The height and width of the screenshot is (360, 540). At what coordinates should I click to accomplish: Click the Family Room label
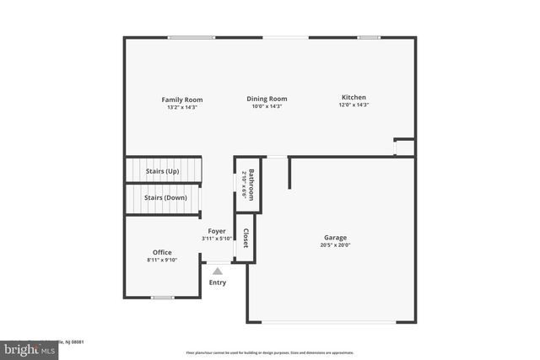[x=182, y=99]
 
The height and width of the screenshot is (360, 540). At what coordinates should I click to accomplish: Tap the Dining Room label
[x=267, y=99]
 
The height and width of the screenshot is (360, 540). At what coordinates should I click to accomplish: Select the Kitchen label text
[x=354, y=97]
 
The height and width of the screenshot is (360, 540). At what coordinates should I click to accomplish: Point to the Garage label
[x=335, y=238]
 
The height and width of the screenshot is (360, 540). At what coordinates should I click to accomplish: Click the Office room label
[x=162, y=252]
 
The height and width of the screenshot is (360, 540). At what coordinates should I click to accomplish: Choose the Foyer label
[x=218, y=231]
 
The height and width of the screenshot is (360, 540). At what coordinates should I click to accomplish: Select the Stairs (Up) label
[x=162, y=171]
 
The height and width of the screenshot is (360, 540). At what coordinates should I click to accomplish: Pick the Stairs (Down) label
[x=165, y=197]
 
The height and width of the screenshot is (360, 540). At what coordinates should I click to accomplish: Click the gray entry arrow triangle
[x=218, y=271]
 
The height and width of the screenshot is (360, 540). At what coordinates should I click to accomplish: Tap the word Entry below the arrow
[x=218, y=282]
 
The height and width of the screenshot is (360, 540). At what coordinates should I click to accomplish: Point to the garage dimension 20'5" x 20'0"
[x=335, y=245]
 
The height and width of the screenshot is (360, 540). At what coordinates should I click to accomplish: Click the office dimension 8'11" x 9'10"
[x=162, y=260]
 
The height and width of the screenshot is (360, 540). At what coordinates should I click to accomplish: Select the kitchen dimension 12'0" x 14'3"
[x=354, y=105]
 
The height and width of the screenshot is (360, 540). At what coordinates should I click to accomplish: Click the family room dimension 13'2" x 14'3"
[x=182, y=107]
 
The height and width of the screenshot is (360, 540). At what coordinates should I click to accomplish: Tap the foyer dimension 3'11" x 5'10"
[x=218, y=239]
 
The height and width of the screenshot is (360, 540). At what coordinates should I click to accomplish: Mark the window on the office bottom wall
[x=162, y=298]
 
